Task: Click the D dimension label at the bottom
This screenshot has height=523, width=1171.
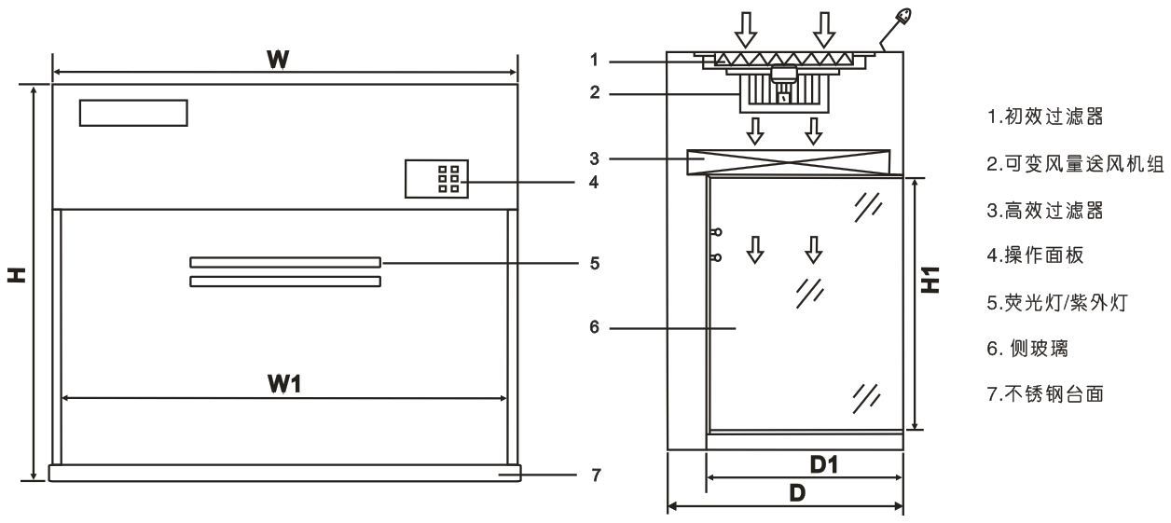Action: coord(797,494)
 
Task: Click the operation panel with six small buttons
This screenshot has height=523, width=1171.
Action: coord(436,178)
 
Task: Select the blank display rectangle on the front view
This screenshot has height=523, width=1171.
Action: coord(133,112)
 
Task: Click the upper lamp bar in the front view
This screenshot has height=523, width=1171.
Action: coord(284,263)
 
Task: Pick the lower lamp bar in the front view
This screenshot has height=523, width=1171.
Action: coord(284,281)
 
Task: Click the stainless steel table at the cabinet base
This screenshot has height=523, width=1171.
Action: coord(284,473)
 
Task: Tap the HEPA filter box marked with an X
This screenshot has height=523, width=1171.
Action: coord(788,162)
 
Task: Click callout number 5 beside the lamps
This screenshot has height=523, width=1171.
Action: coord(594,264)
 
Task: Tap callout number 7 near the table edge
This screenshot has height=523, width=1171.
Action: coord(594,474)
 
